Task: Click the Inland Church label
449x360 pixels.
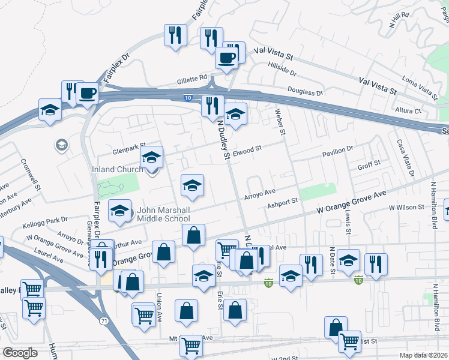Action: coord(118,170)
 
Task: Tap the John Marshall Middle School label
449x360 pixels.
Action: coord(164,214)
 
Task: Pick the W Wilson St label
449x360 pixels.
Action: coord(406,207)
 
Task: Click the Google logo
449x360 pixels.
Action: coord(20,353)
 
